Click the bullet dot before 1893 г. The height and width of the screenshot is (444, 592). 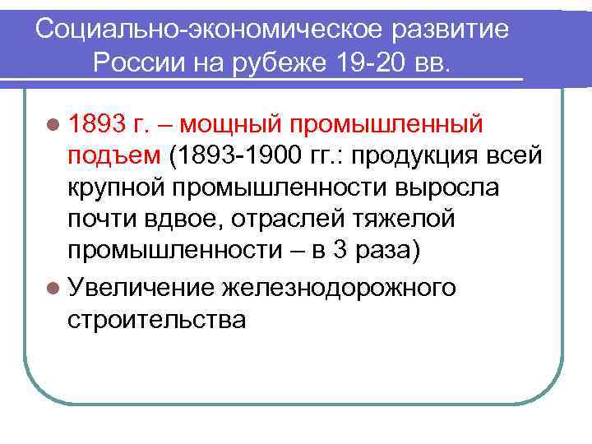(x=53, y=125)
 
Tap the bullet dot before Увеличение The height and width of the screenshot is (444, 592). (x=53, y=288)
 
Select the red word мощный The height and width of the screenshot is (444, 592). (x=228, y=125)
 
